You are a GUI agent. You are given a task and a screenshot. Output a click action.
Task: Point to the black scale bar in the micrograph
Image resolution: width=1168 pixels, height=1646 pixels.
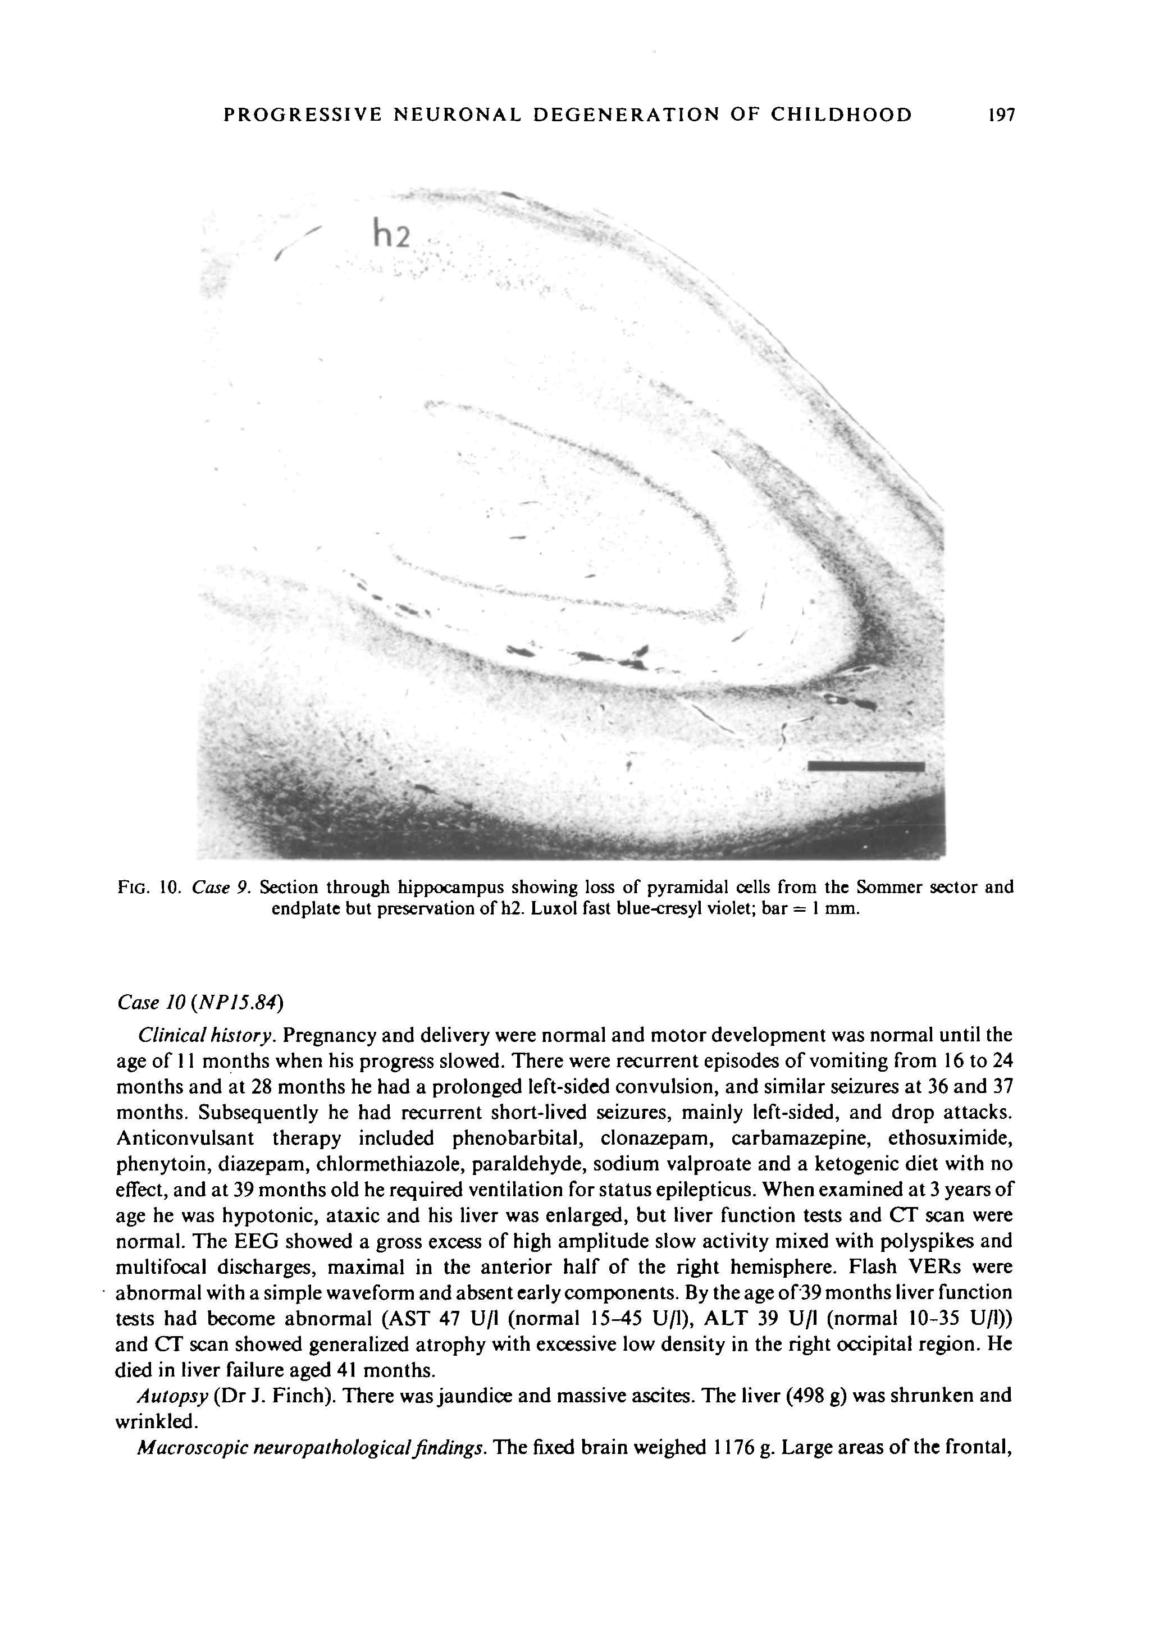coord(866,766)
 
